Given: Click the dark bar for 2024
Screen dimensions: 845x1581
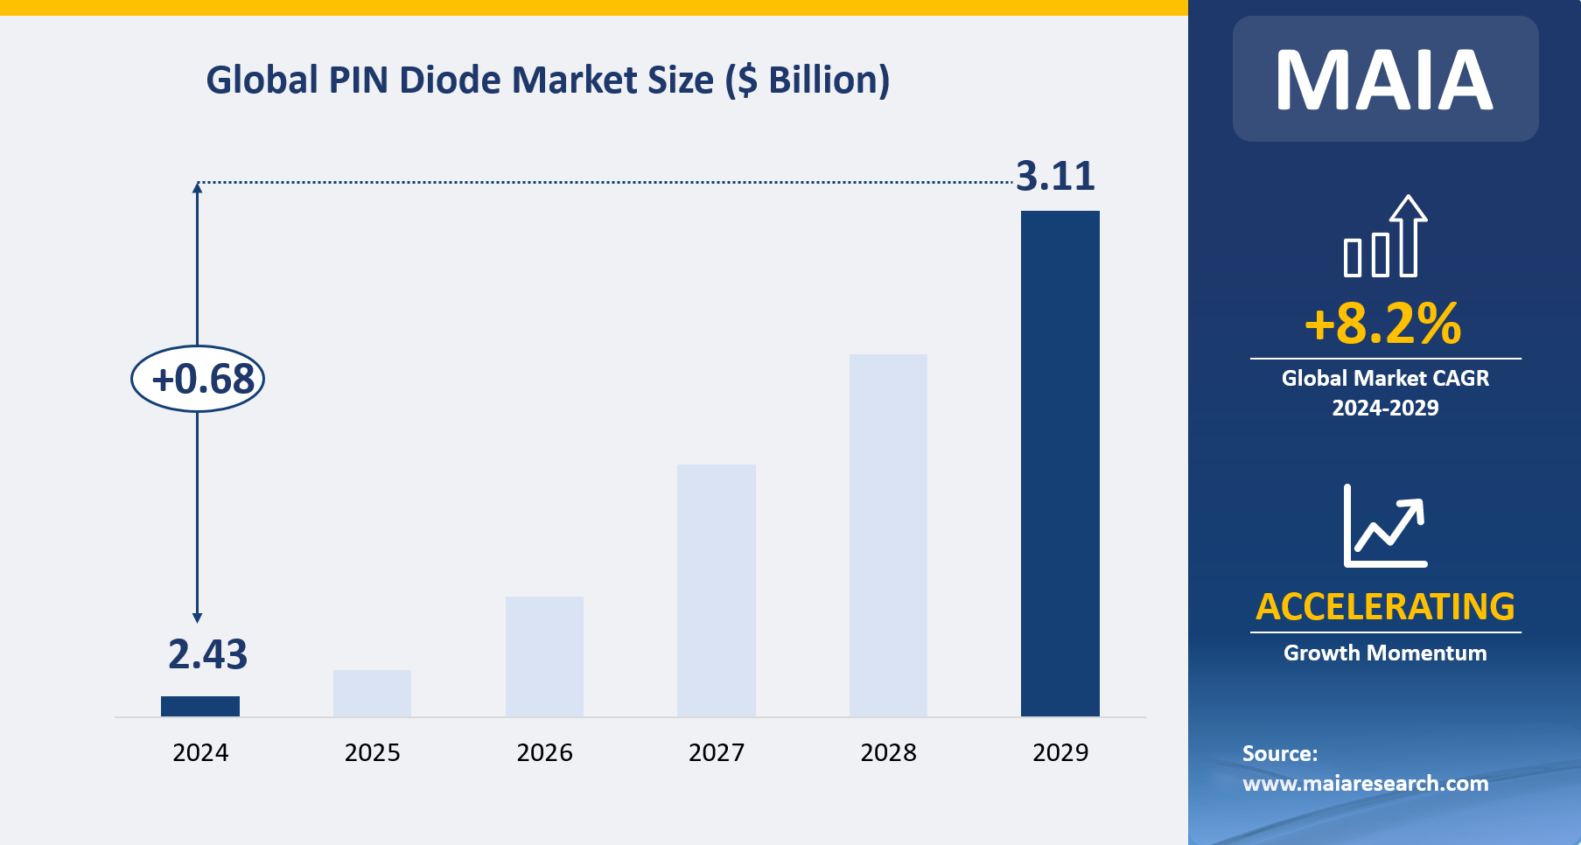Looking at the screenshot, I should coord(200,706).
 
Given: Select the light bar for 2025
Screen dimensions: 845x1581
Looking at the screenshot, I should coord(372,693).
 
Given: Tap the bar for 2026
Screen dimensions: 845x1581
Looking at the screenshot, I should coord(544,656).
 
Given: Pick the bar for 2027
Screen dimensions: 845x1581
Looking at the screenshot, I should coord(716,590).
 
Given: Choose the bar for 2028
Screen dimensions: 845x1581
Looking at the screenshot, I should coord(888,535).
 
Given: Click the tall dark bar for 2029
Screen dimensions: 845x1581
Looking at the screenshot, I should coord(1060,464).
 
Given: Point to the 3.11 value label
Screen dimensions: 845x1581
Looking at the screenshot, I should coord(1055,177).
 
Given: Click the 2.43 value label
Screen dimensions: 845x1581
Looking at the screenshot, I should coord(207,654).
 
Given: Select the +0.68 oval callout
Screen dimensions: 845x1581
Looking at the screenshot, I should coord(198,379).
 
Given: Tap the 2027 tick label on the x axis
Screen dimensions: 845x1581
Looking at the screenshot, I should coord(716,752).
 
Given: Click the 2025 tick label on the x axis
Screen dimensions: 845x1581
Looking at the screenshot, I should coord(372,752).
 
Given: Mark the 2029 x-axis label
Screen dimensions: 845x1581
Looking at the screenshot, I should coord(1060,752).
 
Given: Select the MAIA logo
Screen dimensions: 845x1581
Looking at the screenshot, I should coord(1384,80).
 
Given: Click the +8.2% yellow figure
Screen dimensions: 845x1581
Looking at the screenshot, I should coord(1383,324).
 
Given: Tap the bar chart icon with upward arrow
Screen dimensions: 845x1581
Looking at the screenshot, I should coord(1385,237).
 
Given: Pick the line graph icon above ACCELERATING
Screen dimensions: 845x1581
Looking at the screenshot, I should coord(1385,526).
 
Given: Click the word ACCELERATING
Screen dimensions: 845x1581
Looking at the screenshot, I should coord(1385,606).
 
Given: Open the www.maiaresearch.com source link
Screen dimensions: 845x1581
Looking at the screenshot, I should coord(1365,784).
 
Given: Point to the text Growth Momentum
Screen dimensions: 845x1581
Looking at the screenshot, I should coord(1385,653).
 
